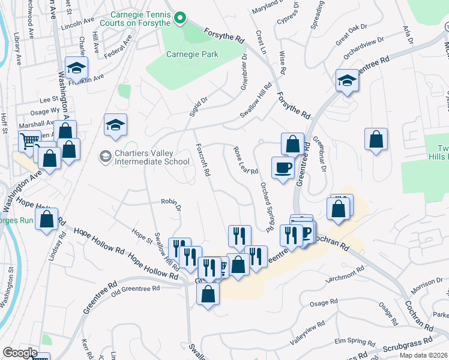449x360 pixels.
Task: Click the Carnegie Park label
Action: click(191, 54)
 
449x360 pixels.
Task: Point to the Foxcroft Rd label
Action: click(203, 160)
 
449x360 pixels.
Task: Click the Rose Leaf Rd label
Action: click(245, 162)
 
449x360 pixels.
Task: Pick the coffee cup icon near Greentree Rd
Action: click(283, 167)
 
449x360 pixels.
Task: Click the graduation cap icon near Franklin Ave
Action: click(77, 68)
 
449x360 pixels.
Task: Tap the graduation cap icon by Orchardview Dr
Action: click(346, 80)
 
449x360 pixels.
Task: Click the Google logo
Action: click(20, 353)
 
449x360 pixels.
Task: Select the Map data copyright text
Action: click(423, 355)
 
